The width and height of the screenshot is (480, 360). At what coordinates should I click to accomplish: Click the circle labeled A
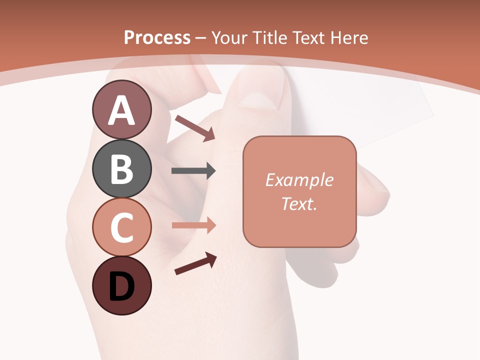pos(121,110)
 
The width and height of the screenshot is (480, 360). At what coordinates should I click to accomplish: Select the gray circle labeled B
pos(121,169)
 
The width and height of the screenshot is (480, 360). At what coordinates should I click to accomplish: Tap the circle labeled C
pos(121,227)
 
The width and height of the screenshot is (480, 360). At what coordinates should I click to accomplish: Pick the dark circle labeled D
pos(121,286)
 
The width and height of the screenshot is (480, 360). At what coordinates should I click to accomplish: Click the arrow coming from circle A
pos(194,127)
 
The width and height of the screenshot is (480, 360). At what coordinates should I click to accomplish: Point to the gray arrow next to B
pos(193,171)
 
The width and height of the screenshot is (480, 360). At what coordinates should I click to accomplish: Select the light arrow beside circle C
pos(193,225)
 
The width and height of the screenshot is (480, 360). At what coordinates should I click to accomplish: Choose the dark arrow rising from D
pos(195,263)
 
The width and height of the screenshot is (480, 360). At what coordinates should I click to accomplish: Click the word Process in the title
pos(157,37)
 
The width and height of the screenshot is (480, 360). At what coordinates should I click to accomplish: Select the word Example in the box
pos(299,180)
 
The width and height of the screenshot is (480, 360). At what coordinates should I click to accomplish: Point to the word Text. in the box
pos(299,203)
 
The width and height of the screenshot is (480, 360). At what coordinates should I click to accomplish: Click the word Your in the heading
pos(230,37)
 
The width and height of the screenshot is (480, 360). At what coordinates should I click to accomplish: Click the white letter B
pos(121,169)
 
